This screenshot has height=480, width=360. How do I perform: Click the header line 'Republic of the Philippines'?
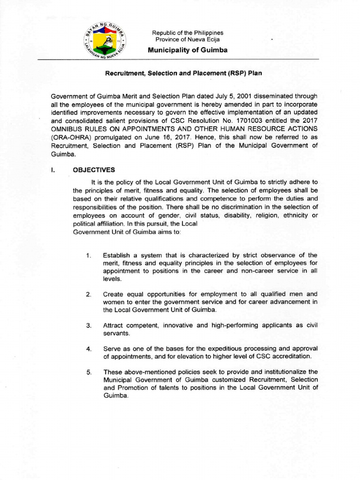pyautogui.click(x=187, y=33)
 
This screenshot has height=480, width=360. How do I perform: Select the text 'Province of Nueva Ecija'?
pyautogui.click(x=187, y=40)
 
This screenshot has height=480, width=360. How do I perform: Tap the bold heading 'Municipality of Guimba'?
pyautogui.click(x=188, y=50)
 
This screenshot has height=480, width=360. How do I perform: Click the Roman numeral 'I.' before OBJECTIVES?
pyautogui.click(x=53, y=170)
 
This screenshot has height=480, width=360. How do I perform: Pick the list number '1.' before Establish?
pyautogui.click(x=89, y=255)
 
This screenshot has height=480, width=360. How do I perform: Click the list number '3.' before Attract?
pyautogui.click(x=89, y=326)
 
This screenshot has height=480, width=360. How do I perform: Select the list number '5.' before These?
pyautogui.click(x=89, y=372)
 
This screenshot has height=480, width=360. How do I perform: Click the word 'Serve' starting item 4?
pyautogui.click(x=112, y=349)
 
